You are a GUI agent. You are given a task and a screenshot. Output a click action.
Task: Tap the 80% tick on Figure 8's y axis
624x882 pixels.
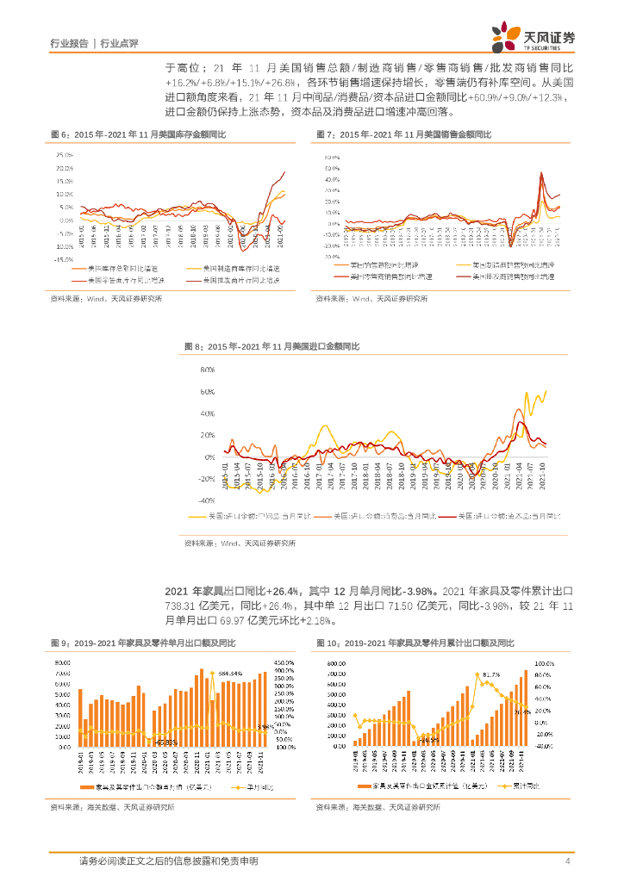(x=207, y=370)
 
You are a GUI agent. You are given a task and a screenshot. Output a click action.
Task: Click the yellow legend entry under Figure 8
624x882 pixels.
(x=249, y=516)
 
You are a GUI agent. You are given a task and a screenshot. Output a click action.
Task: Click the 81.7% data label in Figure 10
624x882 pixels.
(x=491, y=674)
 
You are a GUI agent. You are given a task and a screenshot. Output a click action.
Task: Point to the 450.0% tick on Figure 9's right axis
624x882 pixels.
(x=284, y=662)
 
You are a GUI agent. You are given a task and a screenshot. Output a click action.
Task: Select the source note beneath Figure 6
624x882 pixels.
(x=106, y=298)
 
